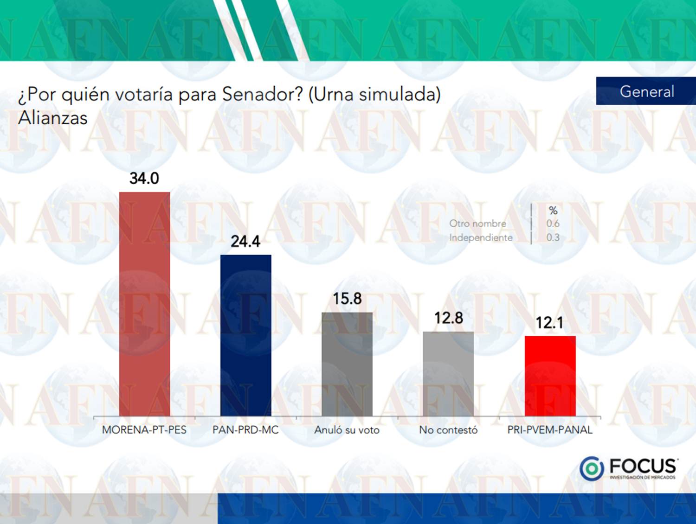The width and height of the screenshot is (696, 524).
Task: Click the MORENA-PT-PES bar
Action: (x=144, y=304)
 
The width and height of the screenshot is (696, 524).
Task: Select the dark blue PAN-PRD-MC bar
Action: (x=245, y=335)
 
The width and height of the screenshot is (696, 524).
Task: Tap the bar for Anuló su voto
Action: (x=347, y=364)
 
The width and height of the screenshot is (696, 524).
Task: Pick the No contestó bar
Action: (x=448, y=374)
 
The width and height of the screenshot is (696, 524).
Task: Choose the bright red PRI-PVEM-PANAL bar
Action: (x=550, y=376)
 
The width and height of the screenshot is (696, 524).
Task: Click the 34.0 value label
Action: (x=144, y=179)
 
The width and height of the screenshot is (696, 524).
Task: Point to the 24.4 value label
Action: (x=245, y=242)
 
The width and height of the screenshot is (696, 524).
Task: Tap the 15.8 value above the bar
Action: (x=347, y=299)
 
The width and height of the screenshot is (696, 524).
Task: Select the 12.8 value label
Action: (x=448, y=318)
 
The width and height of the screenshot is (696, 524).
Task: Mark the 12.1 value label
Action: (x=550, y=323)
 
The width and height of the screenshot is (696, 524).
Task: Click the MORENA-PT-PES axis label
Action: (x=144, y=430)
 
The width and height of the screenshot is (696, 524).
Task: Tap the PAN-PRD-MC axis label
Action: (x=245, y=430)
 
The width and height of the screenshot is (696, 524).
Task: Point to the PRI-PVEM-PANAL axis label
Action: (x=550, y=430)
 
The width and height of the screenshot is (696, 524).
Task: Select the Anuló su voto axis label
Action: (x=347, y=430)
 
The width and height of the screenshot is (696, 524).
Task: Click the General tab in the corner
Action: (x=646, y=91)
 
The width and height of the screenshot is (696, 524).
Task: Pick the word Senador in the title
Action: (x=261, y=94)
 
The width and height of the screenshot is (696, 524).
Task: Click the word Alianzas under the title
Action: (x=53, y=118)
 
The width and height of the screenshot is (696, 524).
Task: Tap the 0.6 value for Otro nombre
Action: (x=553, y=224)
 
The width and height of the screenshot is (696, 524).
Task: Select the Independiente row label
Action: (x=481, y=237)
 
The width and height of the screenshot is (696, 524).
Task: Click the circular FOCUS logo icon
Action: (x=592, y=468)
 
